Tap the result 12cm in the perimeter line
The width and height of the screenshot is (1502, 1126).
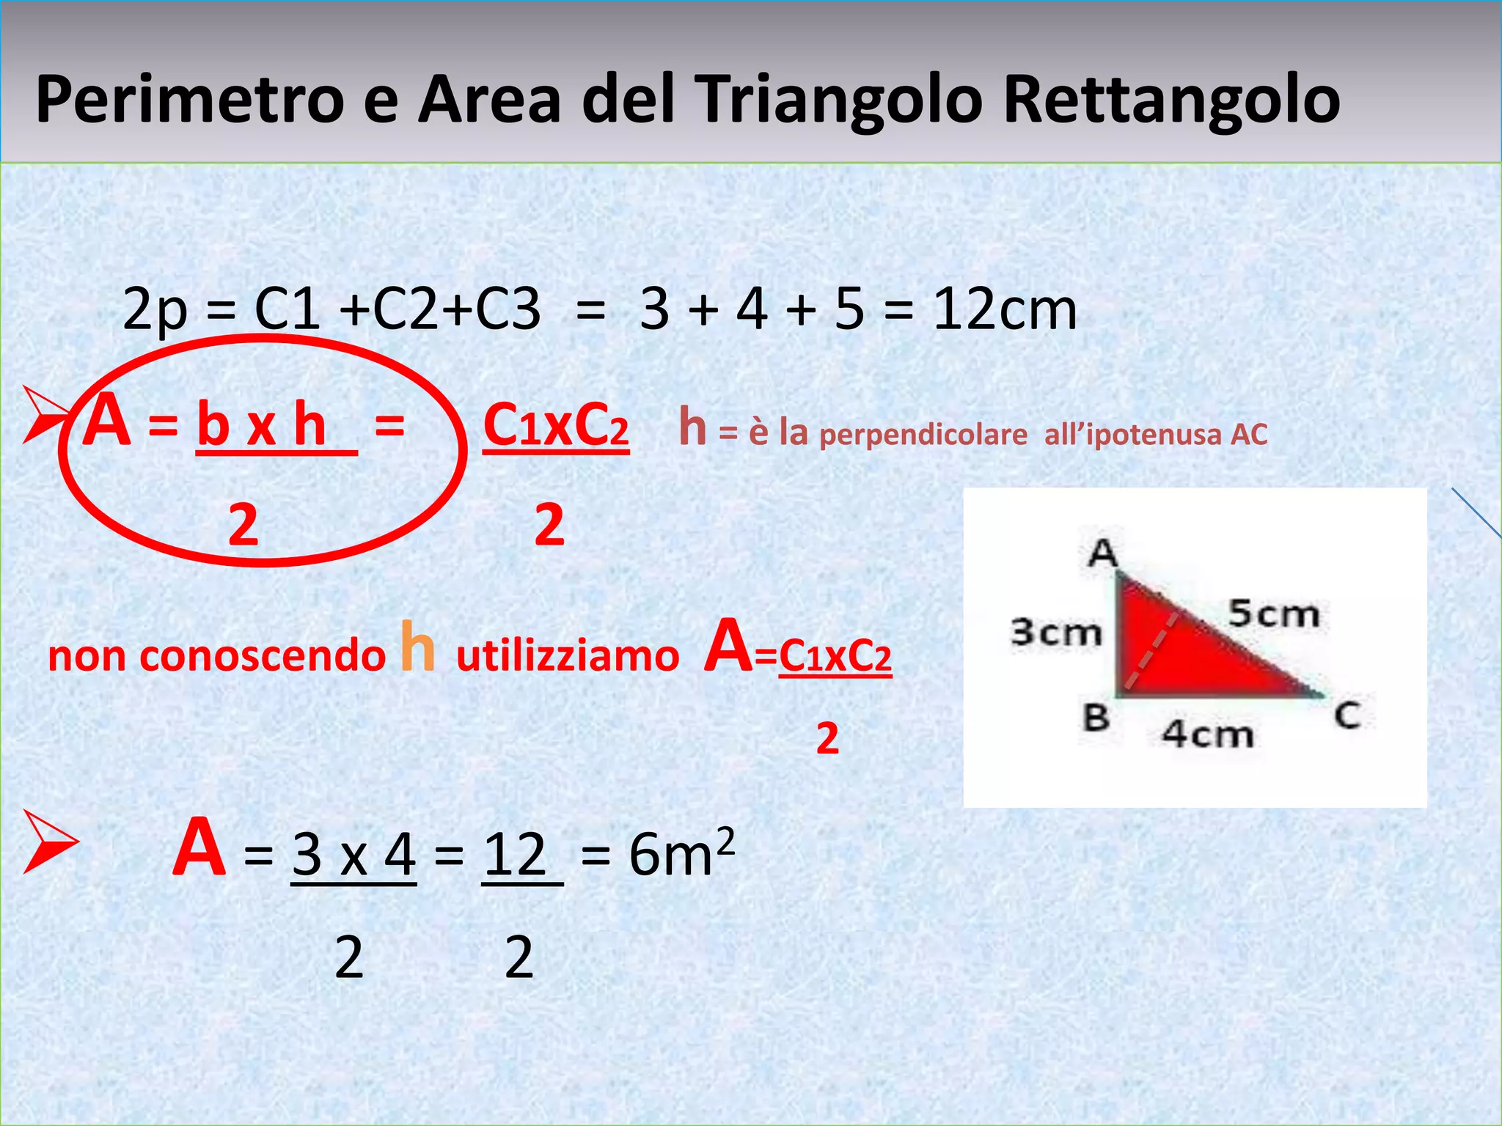click(x=1004, y=309)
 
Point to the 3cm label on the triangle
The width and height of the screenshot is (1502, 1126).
click(x=1056, y=632)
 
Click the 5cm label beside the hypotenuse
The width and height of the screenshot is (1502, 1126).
click(x=1274, y=613)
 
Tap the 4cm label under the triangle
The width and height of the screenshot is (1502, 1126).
click(x=1208, y=733)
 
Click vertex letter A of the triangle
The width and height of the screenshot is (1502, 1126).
click(x=1102, y=553)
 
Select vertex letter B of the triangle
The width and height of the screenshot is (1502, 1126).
click(x=1096, y=717)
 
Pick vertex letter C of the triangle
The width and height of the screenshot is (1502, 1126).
click(x=1347, y=715)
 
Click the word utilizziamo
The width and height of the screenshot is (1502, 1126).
click(x=568, y=655)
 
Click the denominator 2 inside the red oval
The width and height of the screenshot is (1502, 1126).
click(x=243, y=525)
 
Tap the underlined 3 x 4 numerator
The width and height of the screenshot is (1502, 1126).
click(x=353, y=855)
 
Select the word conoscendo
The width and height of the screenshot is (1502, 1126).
click(x=262, y=655)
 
